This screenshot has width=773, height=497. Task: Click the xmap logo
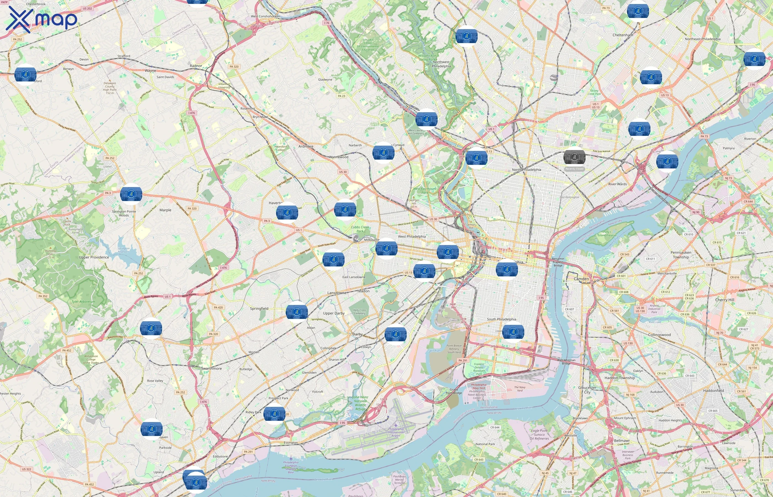click(41, 19)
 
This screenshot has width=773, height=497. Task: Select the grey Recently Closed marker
click(574, 157)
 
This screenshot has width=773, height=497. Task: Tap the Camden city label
click(581, 279)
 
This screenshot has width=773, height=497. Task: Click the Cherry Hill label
click(724, 300)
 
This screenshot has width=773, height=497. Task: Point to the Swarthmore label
click(211, 369)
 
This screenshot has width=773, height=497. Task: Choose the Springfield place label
click(259, 308)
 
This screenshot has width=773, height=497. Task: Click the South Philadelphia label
click(501, 319)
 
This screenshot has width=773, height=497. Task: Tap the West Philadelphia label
click(412, 237)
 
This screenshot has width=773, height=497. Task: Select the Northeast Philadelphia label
click(702, 39)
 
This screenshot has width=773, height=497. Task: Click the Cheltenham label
click(623, 35)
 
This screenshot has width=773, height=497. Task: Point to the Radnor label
click(196, 66)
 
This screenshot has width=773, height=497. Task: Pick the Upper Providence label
click(94, 257)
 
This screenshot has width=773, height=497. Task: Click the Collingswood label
click(659, 335)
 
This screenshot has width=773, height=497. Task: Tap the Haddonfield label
click(713, 390)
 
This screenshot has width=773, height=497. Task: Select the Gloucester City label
click(587, 390)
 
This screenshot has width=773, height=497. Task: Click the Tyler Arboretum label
click(83, 302)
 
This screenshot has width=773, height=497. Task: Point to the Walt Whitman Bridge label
click(566, 361)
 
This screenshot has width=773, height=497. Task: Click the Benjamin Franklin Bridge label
click(558, 262)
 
